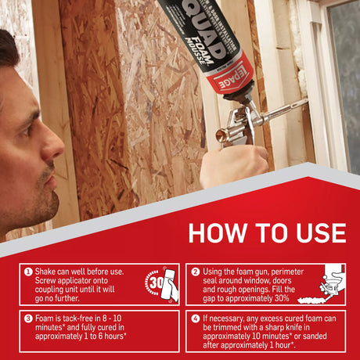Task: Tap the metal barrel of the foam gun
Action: click(x=274, y=110)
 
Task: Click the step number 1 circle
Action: click(x=28, y=272)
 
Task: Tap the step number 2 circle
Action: click(x=196, y=272)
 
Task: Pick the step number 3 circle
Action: click(x=28, y=319)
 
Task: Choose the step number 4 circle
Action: click(x=196, y=319)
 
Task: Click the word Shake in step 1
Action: click(x=49, y=272)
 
